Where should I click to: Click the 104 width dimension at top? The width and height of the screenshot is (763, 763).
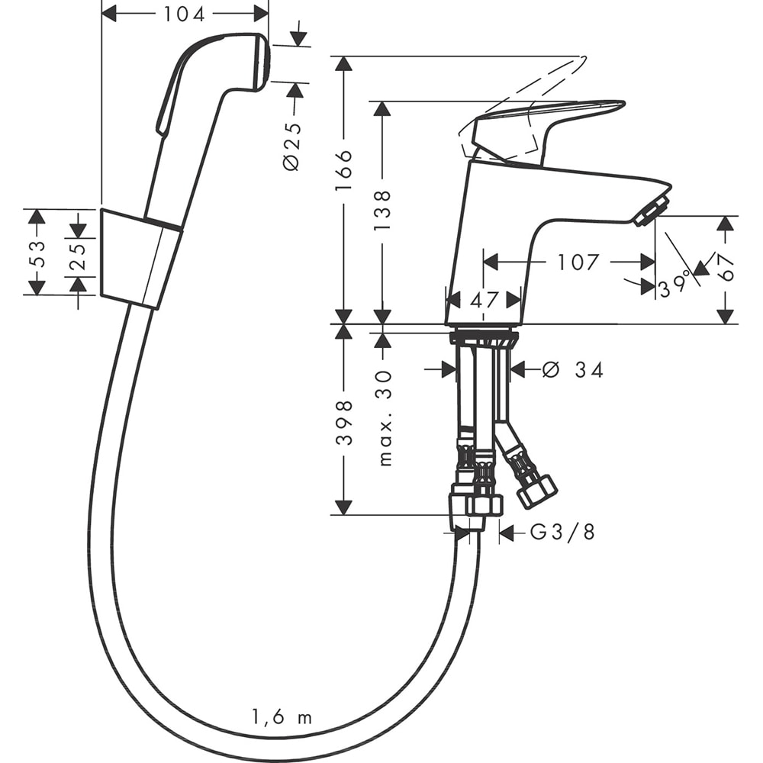185,13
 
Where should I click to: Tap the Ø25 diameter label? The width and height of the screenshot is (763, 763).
292,145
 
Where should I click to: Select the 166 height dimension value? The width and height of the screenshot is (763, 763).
344,169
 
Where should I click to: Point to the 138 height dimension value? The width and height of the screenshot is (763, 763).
382,210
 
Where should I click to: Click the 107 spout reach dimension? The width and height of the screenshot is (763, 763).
578,262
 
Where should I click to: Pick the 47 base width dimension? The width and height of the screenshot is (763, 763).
484,300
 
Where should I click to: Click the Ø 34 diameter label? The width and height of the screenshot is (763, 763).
573,370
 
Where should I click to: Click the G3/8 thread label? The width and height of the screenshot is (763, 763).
562,533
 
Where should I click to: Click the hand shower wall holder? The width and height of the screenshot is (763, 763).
139,258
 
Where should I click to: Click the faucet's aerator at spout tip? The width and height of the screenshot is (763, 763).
651,211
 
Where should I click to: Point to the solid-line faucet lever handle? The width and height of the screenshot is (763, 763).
534,122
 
